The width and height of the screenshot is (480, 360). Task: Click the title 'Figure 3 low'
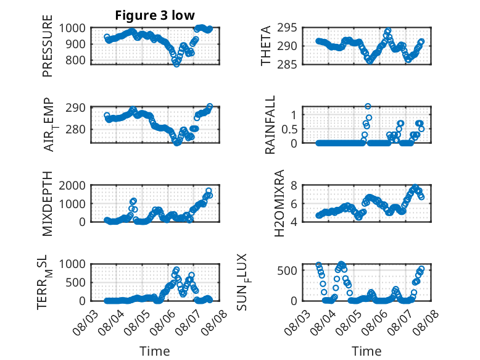pyautogui.click(x=155, y=15)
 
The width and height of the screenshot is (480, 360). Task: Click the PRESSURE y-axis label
pyautogui.click(x=48, y=46)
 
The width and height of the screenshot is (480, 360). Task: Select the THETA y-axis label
pyautogui.click(x=266, y=46)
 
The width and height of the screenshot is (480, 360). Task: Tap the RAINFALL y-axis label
pyautogui.click(x=270, y=125)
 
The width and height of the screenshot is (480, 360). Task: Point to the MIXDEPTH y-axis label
pyautogui.click(x=48, y=203)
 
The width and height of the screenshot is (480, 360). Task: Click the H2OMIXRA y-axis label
pyautogui.click(x=279, y=203)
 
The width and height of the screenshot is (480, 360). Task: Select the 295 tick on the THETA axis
pyautogui.click(x=287, y=28)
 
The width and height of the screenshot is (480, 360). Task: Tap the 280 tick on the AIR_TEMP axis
pyautogui.click(x=75, y=129)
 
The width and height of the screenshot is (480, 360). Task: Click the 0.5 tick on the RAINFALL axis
pyautogui.click(x=289, y=129)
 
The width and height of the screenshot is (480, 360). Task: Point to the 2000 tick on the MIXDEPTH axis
pyautogui.click(x=72, y=185)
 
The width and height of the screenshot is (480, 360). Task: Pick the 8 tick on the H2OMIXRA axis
pyautogui.click(x=294, y=185)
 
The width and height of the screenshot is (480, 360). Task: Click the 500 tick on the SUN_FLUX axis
pyautogui.click(x=287, y=270)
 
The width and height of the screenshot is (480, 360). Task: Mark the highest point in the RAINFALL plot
pyautogui.click(x=368, y=106)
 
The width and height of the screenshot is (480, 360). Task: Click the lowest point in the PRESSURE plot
pyautogui.click(x=176, y=64)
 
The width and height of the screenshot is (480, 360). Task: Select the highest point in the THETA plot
pyautogui.click(x=388, y=31)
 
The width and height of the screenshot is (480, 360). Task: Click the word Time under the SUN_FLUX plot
pyautogui.click(x=366, y=351)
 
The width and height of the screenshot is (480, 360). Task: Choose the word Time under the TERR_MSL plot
pyautogui.click(x=155, y=351)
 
